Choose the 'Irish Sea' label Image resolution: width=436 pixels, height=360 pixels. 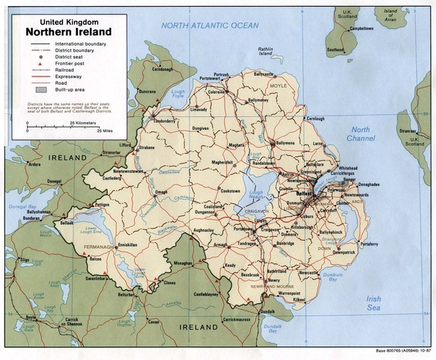tap(372, 303)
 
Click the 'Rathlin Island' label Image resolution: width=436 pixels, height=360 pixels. tap(265, 52)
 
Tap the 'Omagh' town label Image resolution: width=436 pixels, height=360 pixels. tap(161, 192)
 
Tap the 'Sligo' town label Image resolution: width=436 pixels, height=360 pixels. tap(25, 259)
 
